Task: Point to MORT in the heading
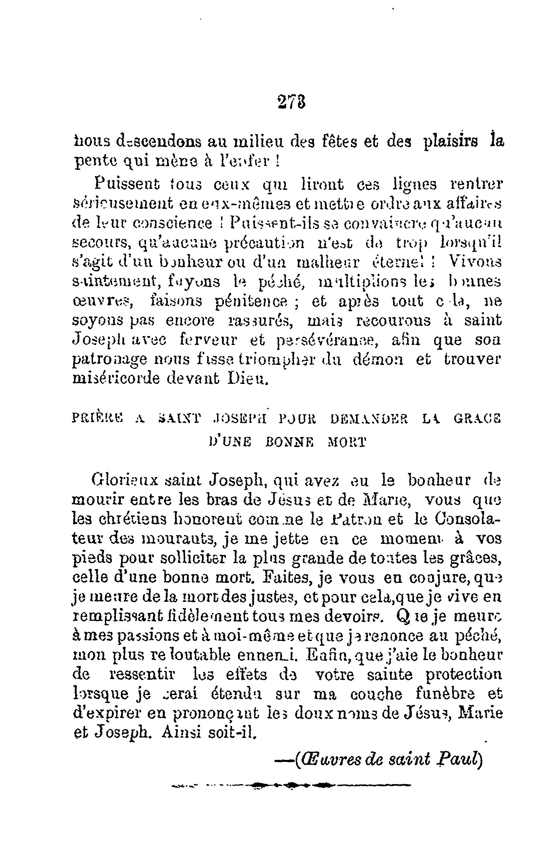click(347, 442)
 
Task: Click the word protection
click(464, 674)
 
